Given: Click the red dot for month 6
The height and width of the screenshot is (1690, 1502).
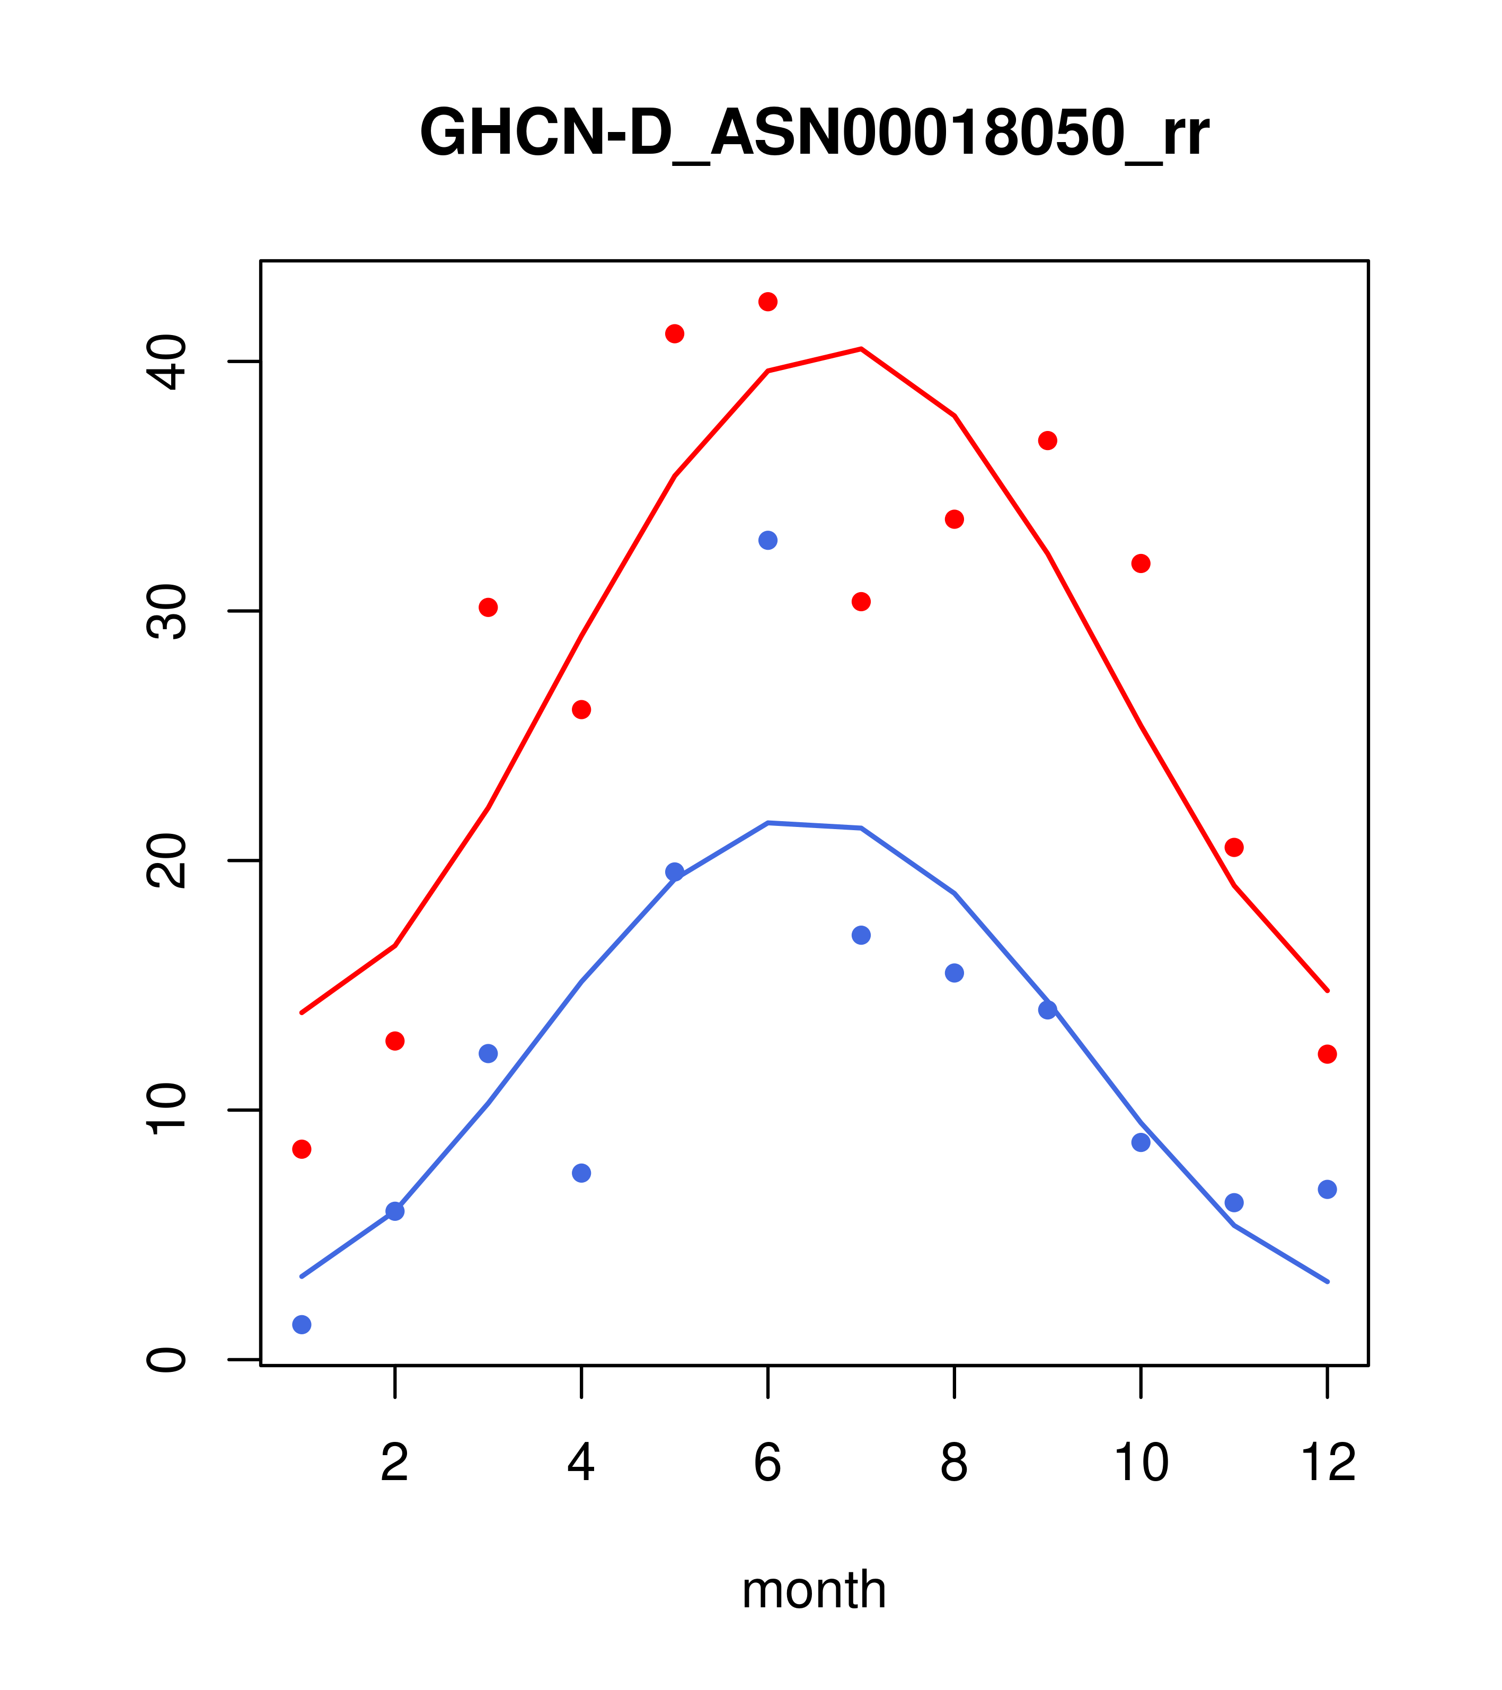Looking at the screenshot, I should (x=768, y=302).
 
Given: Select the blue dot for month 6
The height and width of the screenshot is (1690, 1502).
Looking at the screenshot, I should (x=768, y=541).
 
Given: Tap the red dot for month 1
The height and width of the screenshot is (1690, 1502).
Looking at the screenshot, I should (x=302, y=1149).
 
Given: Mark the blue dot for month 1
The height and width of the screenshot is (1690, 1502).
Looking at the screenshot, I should (x=302, y=1325).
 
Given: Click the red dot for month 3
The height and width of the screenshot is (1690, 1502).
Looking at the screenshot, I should (x=489, y=608).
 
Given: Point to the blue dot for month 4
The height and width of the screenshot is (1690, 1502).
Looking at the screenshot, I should (x=582, y=1173).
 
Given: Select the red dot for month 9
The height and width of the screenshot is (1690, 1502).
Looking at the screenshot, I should (x=1047, y=441).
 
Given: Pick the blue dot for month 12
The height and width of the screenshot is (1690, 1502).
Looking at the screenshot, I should (x=1328, y=1190).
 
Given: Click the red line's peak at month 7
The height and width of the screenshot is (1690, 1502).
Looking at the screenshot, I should (x=861, y=349).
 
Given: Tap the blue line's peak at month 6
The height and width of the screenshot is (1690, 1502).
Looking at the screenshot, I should (x=768, y=823).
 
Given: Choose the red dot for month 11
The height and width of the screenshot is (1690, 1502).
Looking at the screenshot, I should (x=1234, y=848).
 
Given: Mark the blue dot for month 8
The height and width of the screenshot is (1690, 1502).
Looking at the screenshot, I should (x=955, y=973).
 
